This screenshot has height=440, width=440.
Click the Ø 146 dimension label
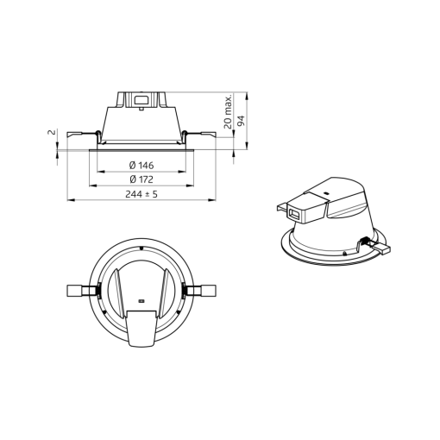[x=141, y=164]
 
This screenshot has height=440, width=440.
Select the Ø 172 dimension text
[x=141, y=179]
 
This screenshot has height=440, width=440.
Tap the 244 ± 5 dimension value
[x=141, y=194]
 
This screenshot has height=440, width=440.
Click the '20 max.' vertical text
[x=227, y=111]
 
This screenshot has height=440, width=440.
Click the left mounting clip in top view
[x=80, y=290]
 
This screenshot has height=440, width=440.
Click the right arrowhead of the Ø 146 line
[x=186, y=171]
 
